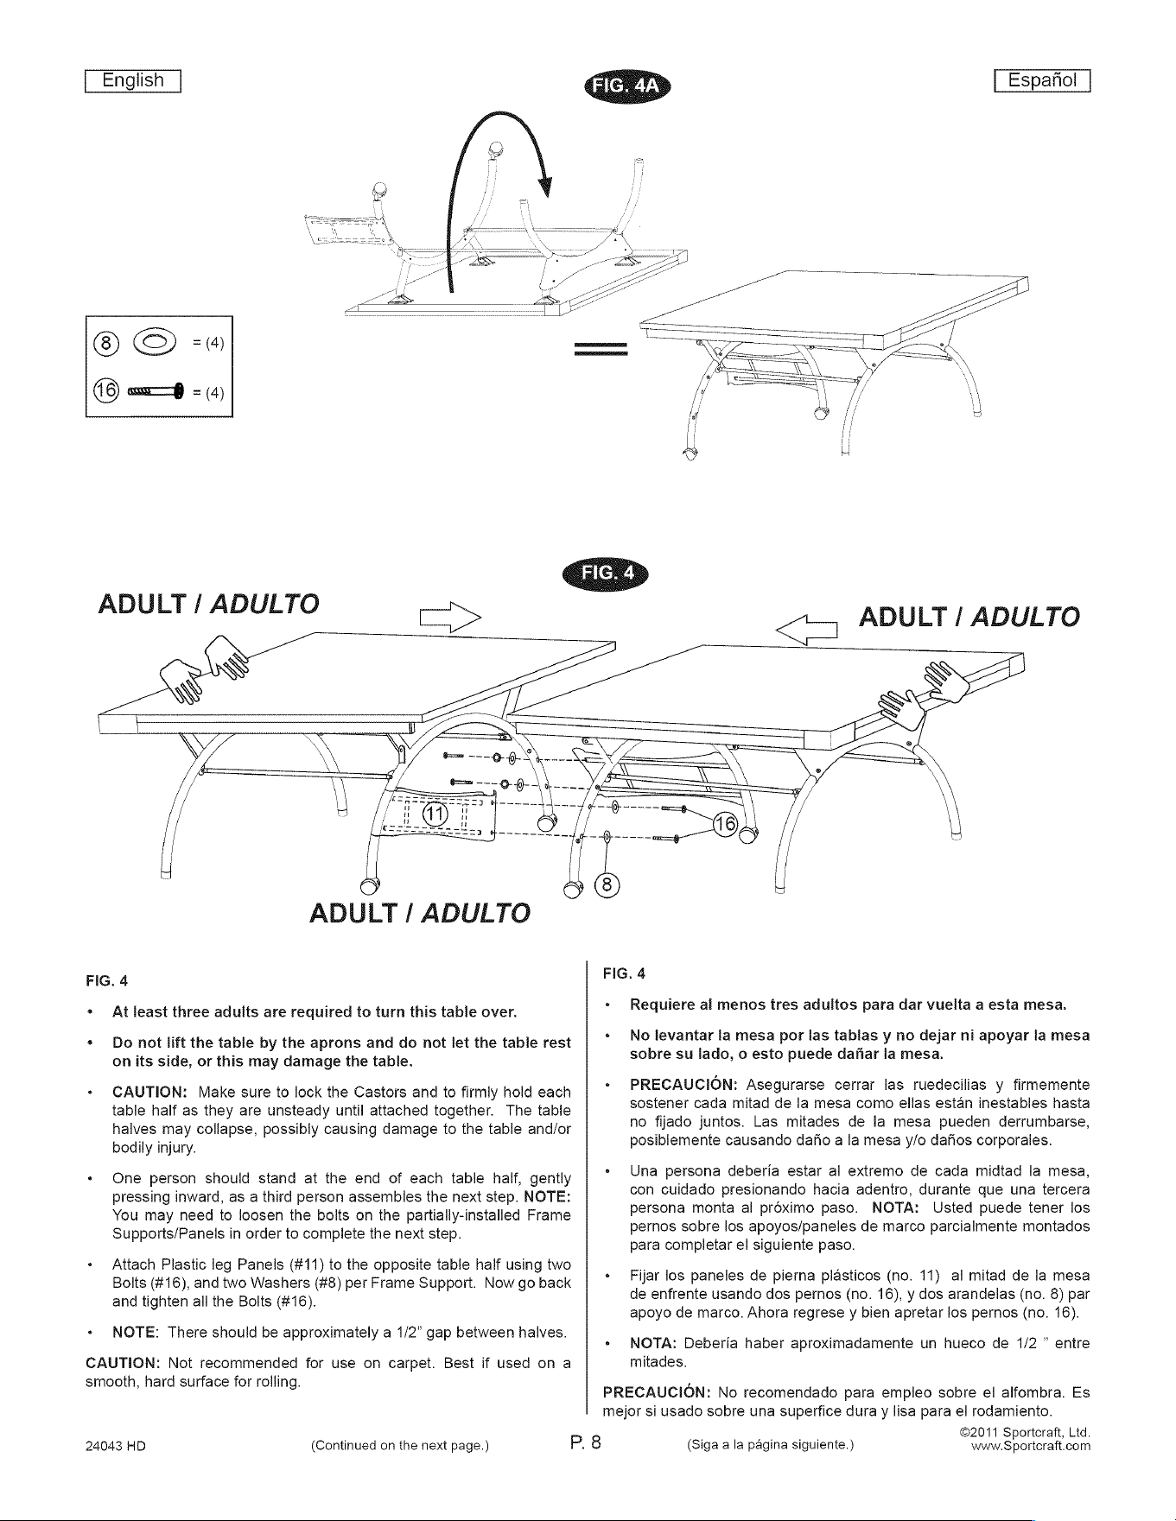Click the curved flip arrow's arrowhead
pos(546,185)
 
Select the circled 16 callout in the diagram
pos(724,827)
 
